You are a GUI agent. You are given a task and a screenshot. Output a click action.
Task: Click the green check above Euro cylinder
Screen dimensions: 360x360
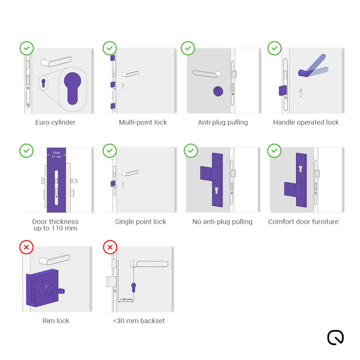(27, 49)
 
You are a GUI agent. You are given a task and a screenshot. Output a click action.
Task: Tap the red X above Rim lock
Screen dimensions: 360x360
(27, 247)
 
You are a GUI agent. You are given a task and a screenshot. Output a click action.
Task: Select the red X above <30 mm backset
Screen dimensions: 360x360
(110, 247)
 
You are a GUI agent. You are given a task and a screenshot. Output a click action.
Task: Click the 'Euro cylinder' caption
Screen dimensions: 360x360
(56, 122)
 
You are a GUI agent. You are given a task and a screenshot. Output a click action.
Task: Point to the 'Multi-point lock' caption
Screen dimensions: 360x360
(143, 122)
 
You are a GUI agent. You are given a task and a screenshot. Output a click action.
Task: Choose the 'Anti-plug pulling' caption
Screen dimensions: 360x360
(223, 122)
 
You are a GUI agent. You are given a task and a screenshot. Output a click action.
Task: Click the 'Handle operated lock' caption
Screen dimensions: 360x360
(305, 122)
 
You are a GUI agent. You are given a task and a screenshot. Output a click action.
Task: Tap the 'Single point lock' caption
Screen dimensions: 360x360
(140, 222)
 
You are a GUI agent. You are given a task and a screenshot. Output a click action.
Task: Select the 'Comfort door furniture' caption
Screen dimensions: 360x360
(303, 222)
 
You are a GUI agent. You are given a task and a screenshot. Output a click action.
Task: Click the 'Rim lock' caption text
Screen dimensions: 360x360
(56, 321)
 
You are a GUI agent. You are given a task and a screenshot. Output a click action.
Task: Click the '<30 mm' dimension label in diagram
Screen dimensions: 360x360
(126, 299)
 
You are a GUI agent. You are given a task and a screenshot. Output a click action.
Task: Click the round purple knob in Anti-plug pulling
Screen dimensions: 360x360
(218, 92)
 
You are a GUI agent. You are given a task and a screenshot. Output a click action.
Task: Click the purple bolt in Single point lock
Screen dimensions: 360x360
(112, 184)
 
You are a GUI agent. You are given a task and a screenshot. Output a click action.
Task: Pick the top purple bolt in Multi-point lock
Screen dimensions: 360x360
(112, 59)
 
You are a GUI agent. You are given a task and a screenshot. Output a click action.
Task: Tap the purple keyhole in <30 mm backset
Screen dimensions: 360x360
(134, 286)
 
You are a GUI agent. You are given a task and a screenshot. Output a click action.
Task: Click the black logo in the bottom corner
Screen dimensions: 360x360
(335, 337)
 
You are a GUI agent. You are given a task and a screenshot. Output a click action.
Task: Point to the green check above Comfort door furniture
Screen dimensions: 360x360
(275, 151)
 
